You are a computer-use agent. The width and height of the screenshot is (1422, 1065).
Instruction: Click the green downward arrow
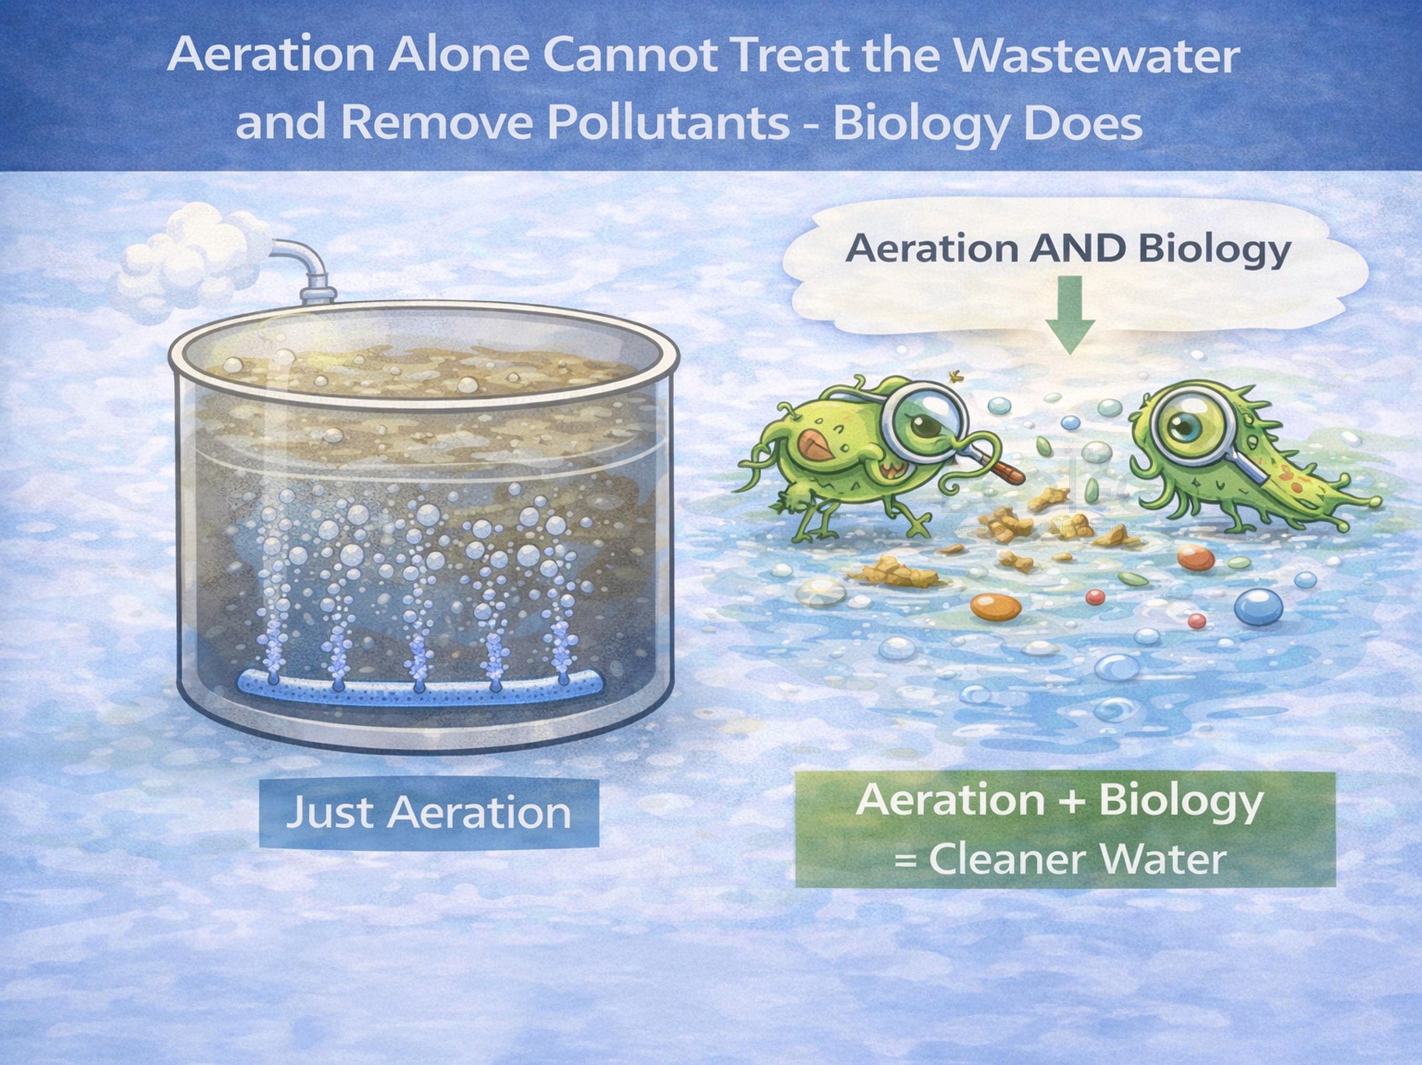pos(1070,315)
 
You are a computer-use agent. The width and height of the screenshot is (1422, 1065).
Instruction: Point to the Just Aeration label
pos(429,812)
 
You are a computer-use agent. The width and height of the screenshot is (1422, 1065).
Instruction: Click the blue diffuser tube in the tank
pos(421,686)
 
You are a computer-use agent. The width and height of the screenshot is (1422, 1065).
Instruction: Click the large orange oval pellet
pos(996,607)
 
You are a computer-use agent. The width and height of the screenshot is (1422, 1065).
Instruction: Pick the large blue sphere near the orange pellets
pos(1258,606)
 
